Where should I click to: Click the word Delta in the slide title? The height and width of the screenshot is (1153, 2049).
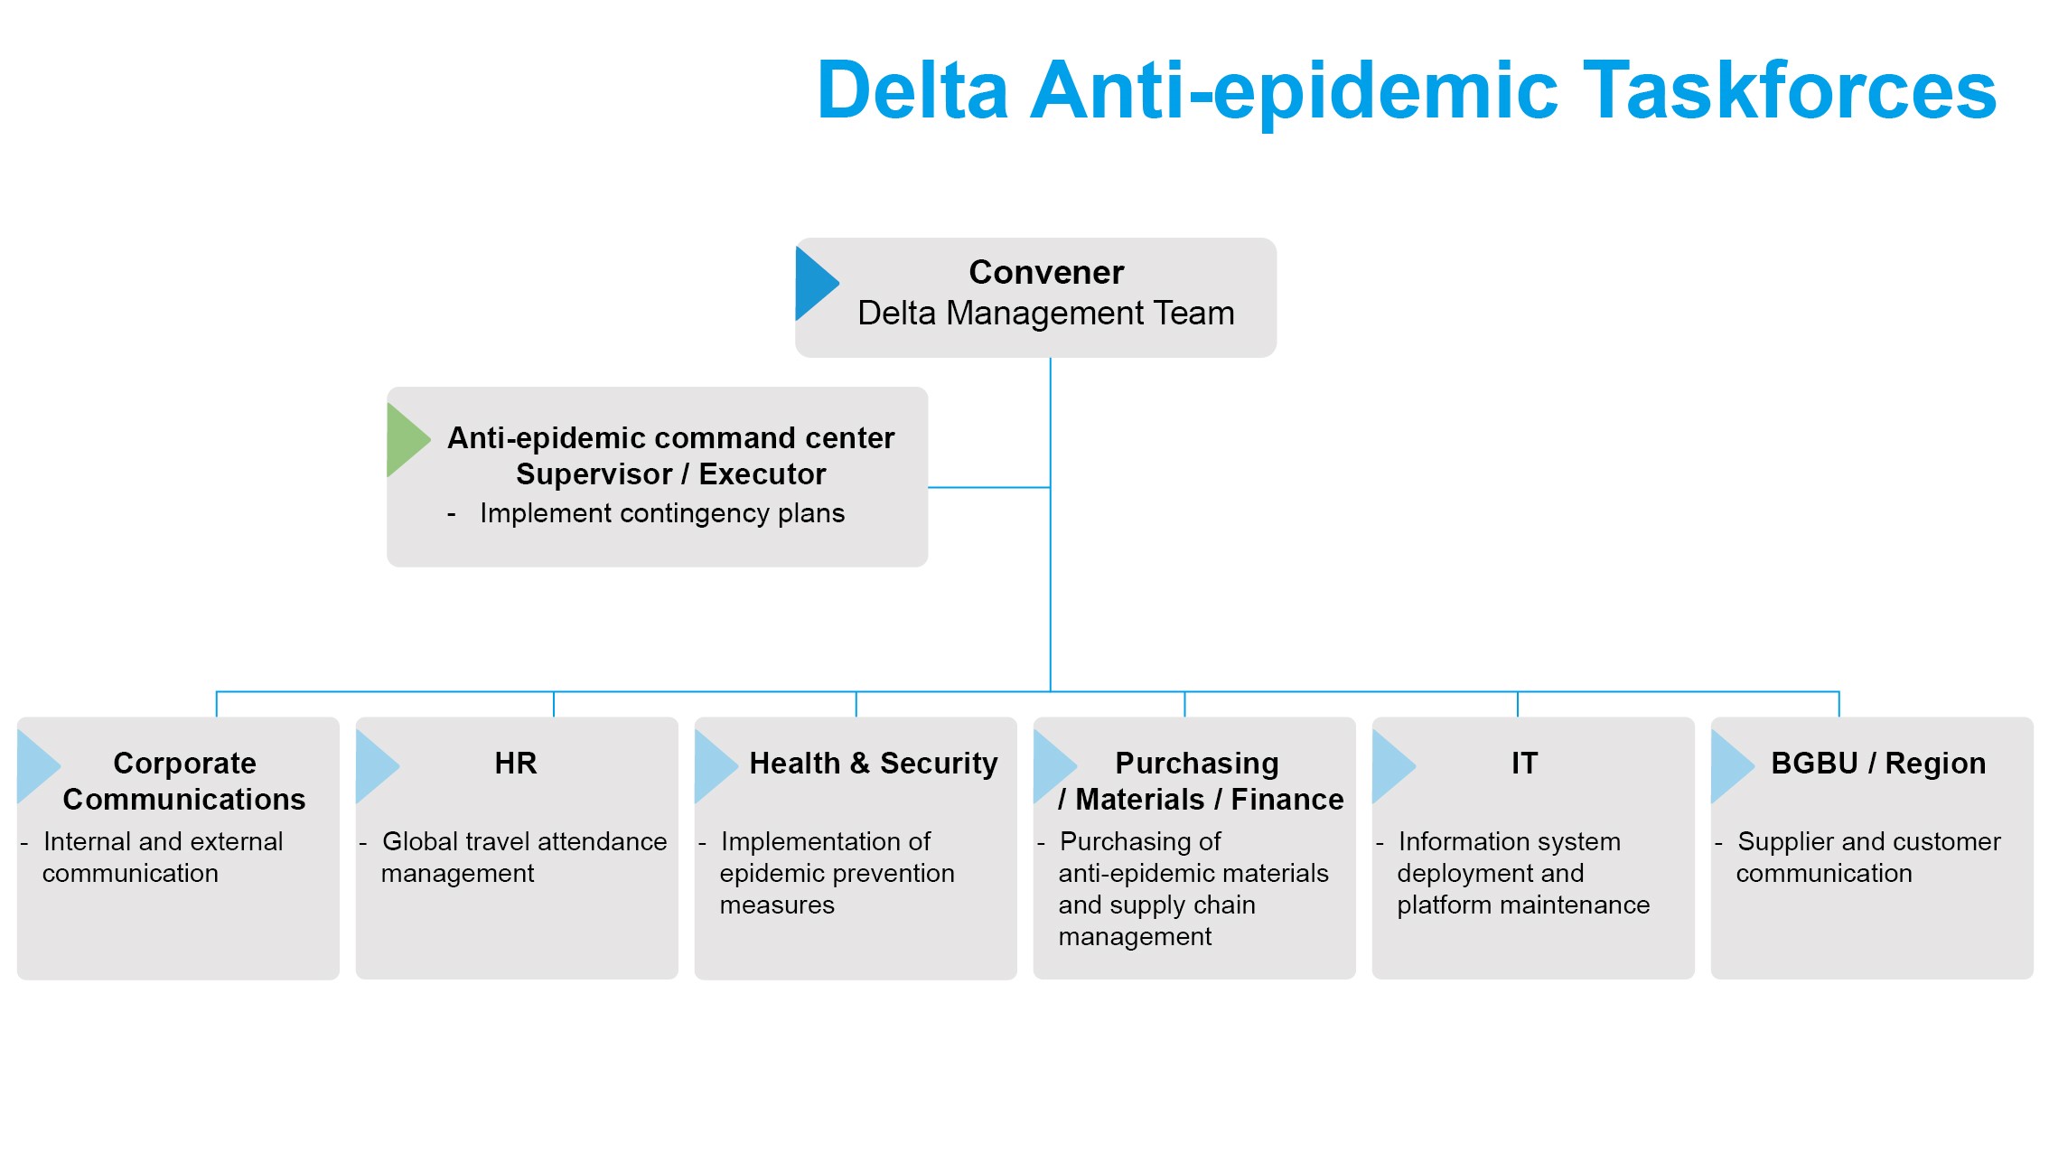tap(912, 90)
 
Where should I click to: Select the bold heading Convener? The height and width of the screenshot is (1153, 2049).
tap(1046, 272)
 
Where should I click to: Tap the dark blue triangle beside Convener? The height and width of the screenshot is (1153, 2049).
tap(812, 284)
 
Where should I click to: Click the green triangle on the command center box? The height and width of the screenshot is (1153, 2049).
tap(404, 440)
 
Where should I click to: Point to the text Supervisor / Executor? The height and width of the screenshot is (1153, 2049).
tap(670, 474)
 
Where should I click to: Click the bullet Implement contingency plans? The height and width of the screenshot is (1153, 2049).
tap(661, 513)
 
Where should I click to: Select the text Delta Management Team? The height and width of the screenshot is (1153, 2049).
tap(1045, 314)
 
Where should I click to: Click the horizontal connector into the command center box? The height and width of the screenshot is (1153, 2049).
tap(988, 488)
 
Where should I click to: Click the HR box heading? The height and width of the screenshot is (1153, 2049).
tap(516, 764)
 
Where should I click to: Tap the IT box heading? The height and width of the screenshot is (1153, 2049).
tap(1524, 764)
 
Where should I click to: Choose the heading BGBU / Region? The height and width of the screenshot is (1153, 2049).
tap(1878, 764)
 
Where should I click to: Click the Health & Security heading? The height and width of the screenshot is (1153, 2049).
tap(873, 764)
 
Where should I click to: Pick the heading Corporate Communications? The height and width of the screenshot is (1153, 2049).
tap(184, 782)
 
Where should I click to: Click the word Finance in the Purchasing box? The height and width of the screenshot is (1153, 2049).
tap(1286, 800)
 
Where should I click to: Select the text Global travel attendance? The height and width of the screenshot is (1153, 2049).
tap(524, 842)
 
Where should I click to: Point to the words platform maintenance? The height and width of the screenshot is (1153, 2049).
tap(1523, 905)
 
